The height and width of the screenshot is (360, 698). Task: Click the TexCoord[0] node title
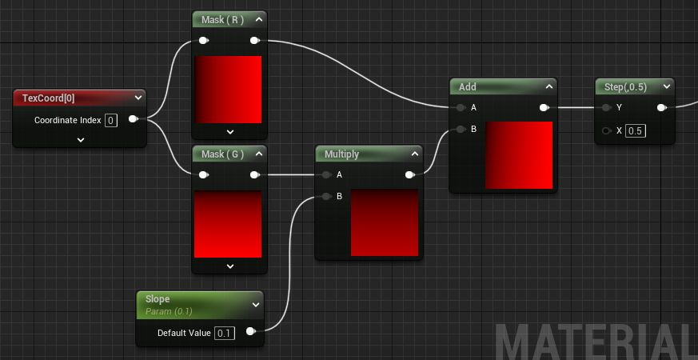coord(50,98)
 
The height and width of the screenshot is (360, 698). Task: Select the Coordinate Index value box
coord(111,120)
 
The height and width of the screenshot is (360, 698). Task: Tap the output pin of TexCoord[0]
coord(133,119)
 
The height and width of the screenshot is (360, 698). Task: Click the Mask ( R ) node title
coord(223,19)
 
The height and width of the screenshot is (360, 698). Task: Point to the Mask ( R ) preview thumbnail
coord(228,89)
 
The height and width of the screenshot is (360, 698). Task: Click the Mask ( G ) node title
coord(223,154)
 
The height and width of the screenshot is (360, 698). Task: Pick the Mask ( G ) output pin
coord(254,174)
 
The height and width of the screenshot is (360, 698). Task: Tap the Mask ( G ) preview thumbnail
coord(228,224)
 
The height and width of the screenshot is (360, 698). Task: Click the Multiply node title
coord(342,154)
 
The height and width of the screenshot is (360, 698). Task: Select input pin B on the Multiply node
coord(325,196)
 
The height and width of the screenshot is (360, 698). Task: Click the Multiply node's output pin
coord(409,174)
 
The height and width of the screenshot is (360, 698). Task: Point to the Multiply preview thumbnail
coord(385,222)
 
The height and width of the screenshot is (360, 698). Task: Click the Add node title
coord(469,86)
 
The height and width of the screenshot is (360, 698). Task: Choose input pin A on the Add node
coord(460,107)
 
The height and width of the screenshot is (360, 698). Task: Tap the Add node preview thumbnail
coord(519,155)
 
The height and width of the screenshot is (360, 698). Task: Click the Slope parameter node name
coord(158,299)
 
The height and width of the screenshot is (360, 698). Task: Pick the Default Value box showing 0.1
coord(225,333)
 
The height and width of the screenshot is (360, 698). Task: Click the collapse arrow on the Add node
coord(549,86)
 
